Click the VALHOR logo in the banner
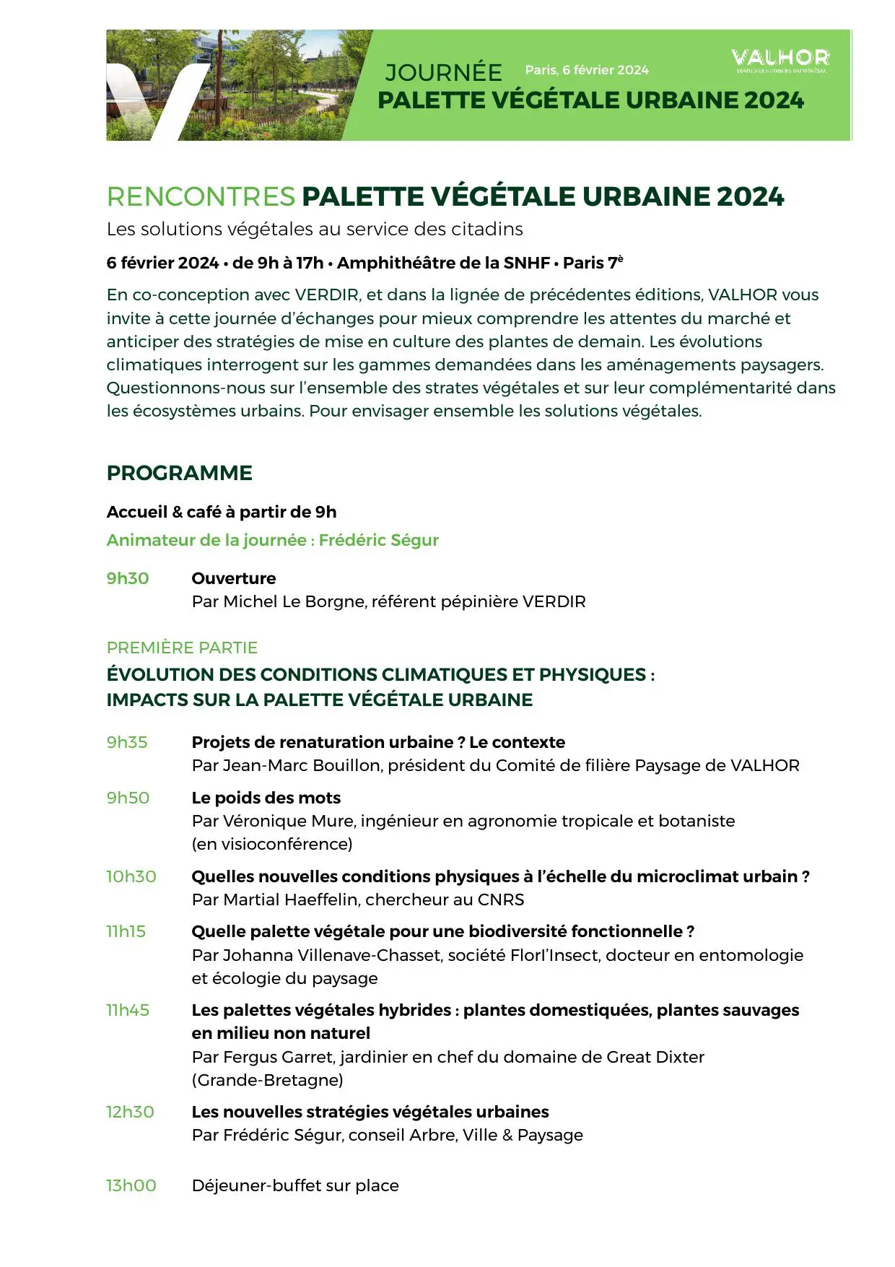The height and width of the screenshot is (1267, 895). tap(780, 59)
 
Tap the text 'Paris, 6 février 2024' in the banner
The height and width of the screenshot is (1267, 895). tap(587, 70)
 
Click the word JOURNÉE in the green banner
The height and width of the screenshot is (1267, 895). tap(443, 73)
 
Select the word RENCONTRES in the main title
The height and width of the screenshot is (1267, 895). tap(201, 196)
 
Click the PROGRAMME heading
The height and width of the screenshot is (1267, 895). tap(180, 473)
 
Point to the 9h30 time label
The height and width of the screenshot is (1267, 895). tap(128, 578)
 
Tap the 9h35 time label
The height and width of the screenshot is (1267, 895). tap(127, 742)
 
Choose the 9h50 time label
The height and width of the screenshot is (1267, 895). tap(128, 798)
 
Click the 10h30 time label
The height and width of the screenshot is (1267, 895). tap(131, 876)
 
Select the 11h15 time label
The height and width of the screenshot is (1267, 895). tap(126, 931)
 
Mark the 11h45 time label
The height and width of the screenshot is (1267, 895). tap(128, 1010)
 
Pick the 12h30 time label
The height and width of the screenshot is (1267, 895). tap(131, 1112)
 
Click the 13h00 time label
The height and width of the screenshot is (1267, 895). tap(131, 1185)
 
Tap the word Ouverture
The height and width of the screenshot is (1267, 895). tap(234, 578)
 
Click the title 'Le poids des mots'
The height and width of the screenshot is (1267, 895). tap(266, 798)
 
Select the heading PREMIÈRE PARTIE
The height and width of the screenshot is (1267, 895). tap(182, 648)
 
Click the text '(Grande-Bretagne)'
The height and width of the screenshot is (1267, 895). tap(267, 1080)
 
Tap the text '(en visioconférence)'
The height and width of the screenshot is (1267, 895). tap(272, 844)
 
